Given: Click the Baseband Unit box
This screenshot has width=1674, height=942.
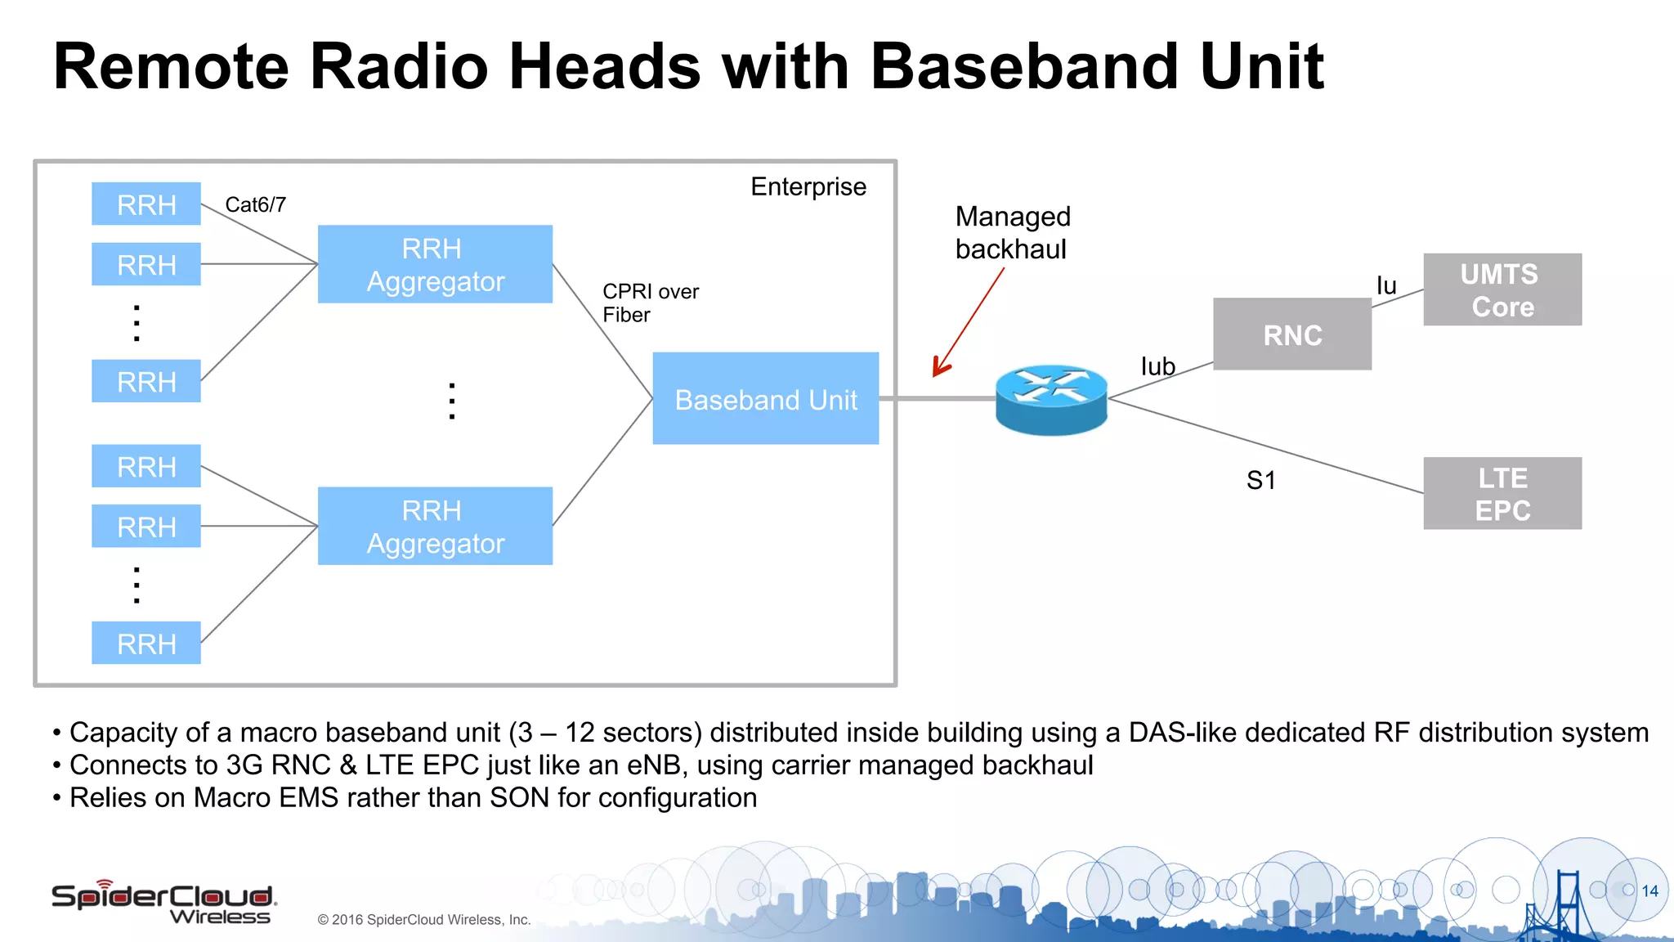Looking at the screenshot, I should (765, 399).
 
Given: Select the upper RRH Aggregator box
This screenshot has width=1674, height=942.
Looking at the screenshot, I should (435, 264).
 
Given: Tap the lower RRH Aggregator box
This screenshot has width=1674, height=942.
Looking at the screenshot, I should (435, 526).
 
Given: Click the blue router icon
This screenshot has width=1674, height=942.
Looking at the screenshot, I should (1051, 399).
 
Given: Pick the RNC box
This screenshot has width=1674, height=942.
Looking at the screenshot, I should (1291, 334).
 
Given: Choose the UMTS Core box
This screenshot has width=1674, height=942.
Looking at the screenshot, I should (1502, 290).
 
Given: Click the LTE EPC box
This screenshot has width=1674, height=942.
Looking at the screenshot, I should (1502, 493).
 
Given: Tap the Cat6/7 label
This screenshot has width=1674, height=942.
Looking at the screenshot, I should (255, 204).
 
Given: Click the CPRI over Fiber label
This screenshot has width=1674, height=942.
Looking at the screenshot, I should (650, 303).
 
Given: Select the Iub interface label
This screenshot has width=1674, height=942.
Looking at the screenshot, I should (1157, 366).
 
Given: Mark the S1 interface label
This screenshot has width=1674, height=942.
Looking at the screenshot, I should (1260, 480).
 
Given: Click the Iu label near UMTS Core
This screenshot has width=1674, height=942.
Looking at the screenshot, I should (1386, 285).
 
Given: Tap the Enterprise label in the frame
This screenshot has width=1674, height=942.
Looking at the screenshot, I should (808, 186).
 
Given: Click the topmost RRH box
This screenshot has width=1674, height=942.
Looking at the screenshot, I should (146, 204).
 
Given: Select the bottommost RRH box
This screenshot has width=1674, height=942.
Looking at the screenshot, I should (146, 644).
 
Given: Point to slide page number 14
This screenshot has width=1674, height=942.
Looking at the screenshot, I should (1649, 891).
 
